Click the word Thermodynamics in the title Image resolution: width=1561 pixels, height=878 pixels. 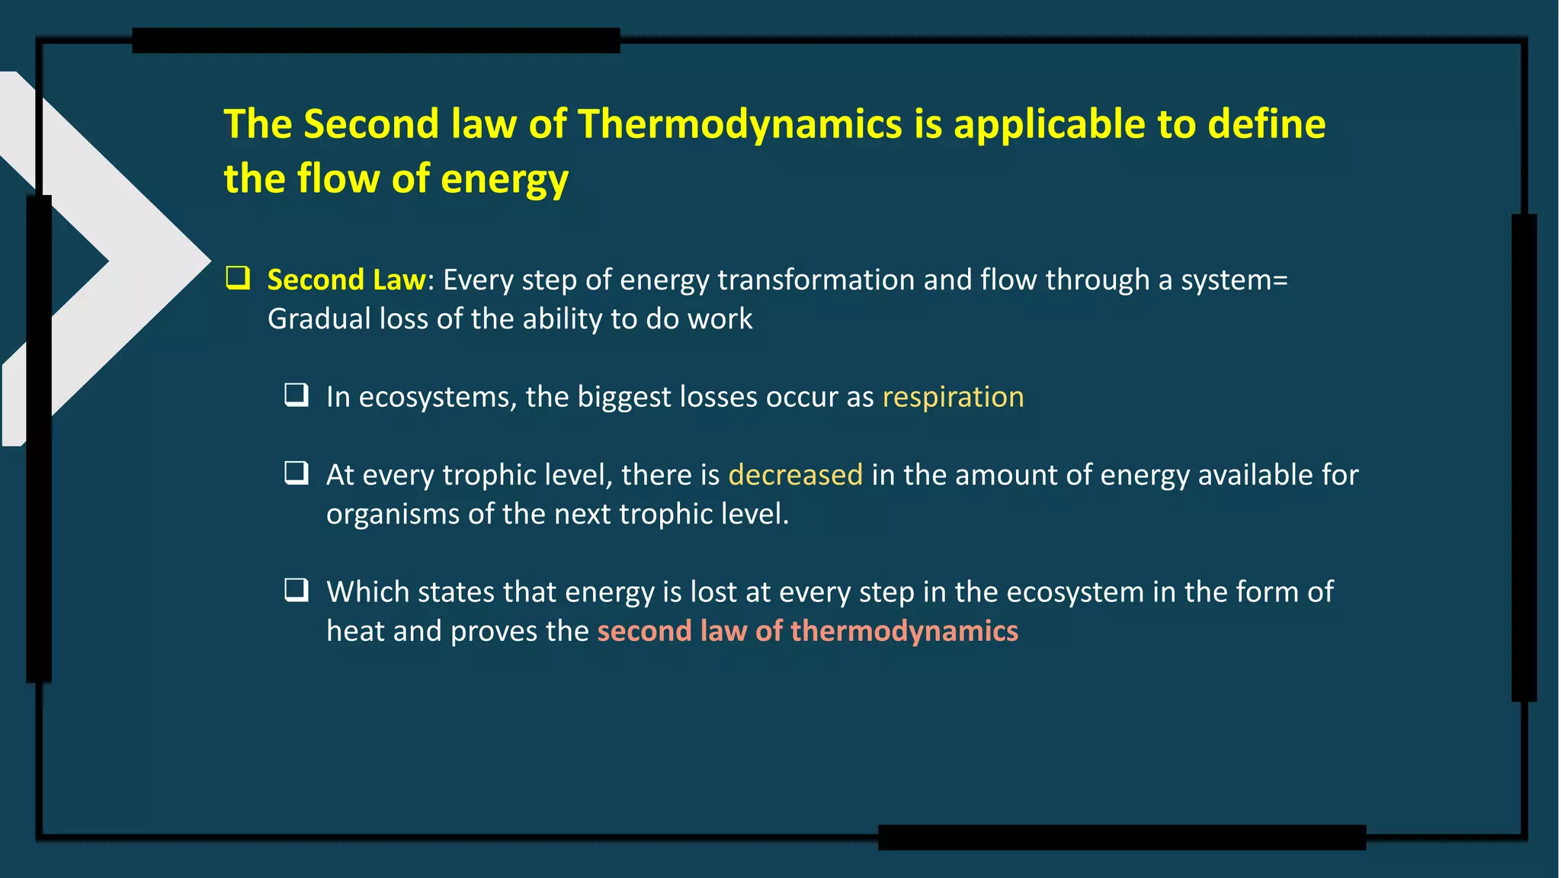739,124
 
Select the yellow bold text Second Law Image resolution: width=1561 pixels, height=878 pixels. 346,280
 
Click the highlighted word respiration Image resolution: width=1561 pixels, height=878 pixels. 953,397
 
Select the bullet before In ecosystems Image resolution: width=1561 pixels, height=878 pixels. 296,394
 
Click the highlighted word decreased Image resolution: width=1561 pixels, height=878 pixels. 795,475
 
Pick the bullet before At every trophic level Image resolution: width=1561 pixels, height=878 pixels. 296,473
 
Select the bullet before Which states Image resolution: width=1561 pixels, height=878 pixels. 296,590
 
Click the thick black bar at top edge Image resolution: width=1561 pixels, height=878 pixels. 376,40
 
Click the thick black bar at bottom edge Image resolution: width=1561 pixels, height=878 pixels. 1121,837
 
